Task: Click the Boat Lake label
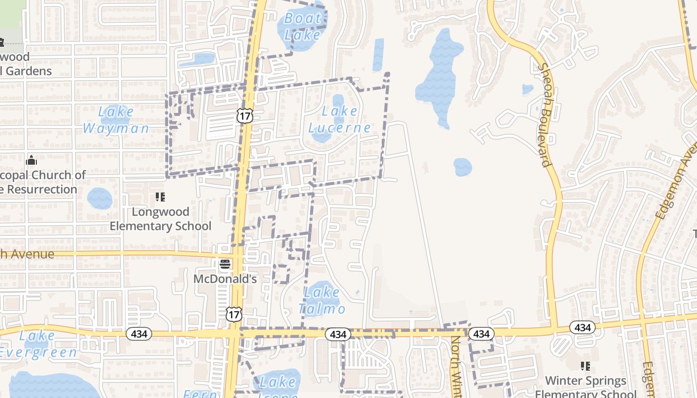(303, 27)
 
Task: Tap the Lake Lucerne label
(340, 119)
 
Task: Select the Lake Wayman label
(116, 120)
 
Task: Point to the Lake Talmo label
(322, 300)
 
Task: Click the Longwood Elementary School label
(160, 219)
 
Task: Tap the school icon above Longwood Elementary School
(160, 197)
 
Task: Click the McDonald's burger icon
(225, 264)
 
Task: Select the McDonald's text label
(225, 279)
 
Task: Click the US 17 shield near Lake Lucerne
(244, 115)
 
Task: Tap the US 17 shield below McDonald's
(233, 313)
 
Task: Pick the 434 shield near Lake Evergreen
(138, 334)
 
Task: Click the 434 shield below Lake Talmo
(338, 334)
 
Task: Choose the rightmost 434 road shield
(582, 327)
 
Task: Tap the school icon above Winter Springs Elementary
(585, 366)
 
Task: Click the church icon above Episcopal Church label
(31, 160)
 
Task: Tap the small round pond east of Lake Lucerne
(463, 167)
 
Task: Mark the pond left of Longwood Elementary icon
(100, 199)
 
